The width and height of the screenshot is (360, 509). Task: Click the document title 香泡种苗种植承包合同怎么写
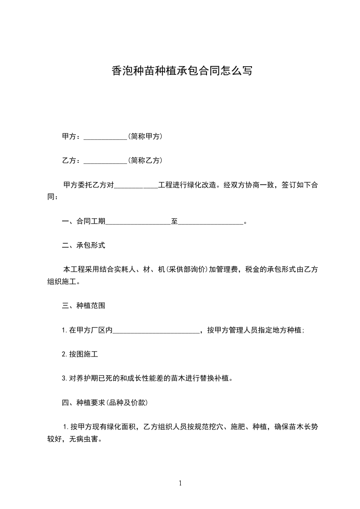(x=181, y=71)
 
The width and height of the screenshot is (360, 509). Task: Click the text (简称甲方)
(x=145, y=136)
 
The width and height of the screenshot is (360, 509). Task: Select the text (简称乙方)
(x=145, y=160)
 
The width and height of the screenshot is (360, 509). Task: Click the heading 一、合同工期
(x=84, y=221)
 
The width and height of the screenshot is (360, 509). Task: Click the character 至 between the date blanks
(x=174, y=221)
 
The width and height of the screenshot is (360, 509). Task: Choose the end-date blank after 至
(x=211, y=222)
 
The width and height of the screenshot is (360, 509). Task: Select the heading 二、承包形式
(x=84, y=245)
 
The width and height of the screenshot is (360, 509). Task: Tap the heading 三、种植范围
(x=84, y=306)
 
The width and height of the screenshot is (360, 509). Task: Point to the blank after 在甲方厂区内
(x=156, y=331)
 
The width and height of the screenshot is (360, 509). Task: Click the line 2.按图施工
(x=80, y=354)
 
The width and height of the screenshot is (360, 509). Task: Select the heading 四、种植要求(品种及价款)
(x=104, y=402)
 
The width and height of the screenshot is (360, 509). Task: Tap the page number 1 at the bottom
(x=180, y=483)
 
